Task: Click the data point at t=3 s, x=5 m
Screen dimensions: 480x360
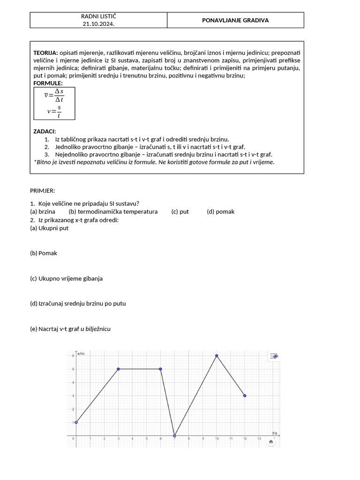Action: click(x=118, y=369)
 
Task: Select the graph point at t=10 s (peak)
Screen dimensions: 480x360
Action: click(x=217, y=356)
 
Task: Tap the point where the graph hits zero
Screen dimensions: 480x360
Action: click(x=174, y=435)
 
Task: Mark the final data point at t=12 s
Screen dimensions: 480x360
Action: click(x=245, y=396)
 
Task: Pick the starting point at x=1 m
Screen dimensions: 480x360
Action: click(x=76, y=422)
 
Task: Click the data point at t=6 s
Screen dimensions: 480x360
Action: click(x=160, y=369)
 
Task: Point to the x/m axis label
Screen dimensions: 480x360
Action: click(x=81, y=353)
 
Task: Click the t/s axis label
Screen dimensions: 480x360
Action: click(x=275, y=433)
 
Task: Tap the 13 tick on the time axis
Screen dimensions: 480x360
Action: click(x=259, y=439)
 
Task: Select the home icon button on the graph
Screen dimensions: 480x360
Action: click(x=271, y=442)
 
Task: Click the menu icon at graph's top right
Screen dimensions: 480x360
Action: click(x=274, y=356)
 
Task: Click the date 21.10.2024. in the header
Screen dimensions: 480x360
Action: click(x=98, y=23)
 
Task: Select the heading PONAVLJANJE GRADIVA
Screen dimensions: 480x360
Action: click(x=235, y=20)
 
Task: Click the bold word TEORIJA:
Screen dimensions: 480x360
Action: click(x=46, y=53)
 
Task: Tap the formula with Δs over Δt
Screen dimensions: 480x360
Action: click(x=54, y=95)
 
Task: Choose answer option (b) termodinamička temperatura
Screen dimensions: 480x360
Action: click(x=113, y=211)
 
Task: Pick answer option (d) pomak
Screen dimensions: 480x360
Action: click(x=220, y=211)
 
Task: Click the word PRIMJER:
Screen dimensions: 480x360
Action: click(x=43, y=191)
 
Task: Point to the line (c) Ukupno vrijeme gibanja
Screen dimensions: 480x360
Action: click(x=66, y=278)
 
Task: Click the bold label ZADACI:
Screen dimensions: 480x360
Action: click(x=45, y=132)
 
